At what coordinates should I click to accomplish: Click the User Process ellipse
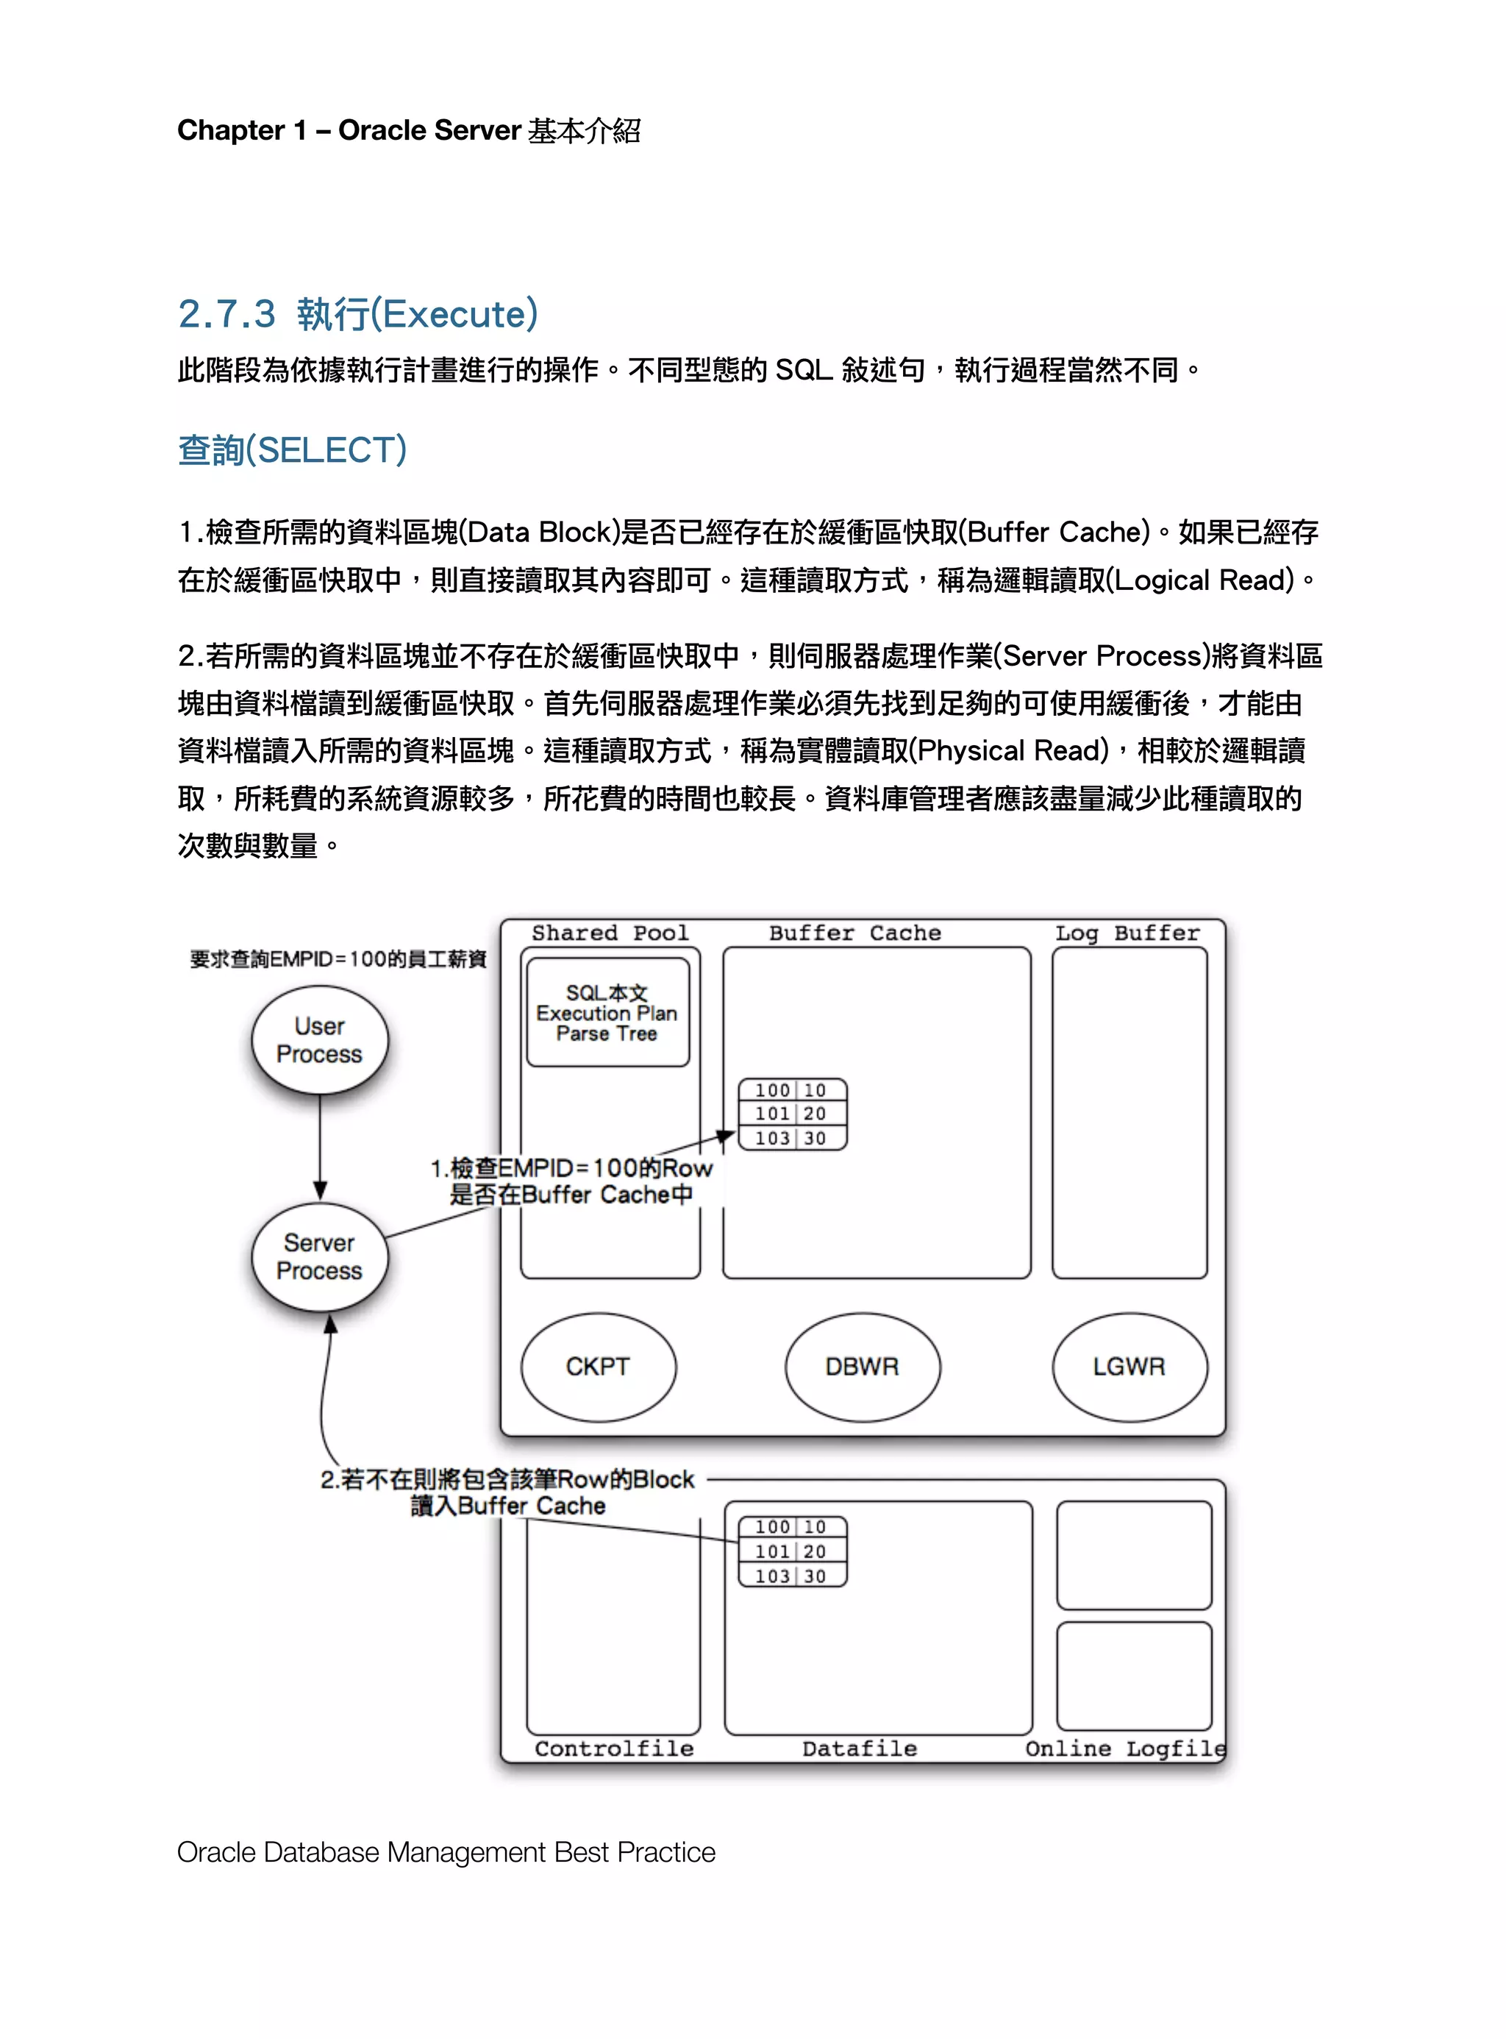319,1039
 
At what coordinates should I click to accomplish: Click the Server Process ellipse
319,1256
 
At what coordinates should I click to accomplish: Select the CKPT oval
598,1366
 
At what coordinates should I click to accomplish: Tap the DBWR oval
862,1366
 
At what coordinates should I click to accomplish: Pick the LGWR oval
1129,1366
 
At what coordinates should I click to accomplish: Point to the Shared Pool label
610,933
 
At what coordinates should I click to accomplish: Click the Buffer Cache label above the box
854,933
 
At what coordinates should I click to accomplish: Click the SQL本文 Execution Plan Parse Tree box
607,1012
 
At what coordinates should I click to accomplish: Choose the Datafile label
859,1748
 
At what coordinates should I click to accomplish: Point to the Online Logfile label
1125,1748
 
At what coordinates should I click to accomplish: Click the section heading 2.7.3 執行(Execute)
357,313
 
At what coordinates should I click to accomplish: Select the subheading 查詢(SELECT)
292,449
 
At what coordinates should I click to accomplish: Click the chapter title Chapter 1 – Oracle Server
408,130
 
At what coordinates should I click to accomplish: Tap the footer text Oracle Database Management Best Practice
446,1852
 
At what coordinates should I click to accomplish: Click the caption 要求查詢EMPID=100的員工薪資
338,959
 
